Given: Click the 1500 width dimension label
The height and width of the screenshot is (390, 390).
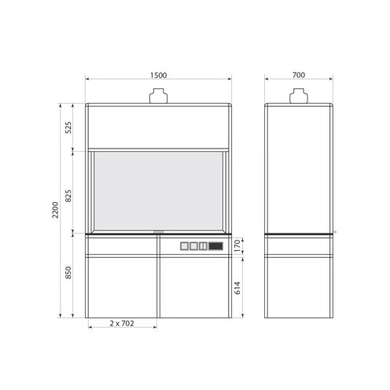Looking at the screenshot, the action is (158, 75).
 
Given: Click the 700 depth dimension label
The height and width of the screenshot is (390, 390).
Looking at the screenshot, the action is (299, 75).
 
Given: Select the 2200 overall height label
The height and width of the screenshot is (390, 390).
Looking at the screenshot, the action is (55, 210).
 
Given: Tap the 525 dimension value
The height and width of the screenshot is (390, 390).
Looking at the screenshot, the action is (68, 127).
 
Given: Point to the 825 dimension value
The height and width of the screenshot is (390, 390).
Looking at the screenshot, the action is (68, 196).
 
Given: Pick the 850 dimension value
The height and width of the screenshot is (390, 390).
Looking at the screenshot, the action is (68, 272).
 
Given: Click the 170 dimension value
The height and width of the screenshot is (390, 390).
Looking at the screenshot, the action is (237, 246).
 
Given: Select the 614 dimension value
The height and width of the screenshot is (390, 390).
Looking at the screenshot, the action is (237, 288).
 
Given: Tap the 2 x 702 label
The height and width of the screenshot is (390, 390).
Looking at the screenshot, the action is (122, 323).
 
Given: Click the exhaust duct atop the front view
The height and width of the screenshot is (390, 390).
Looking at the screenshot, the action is (158, 96).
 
